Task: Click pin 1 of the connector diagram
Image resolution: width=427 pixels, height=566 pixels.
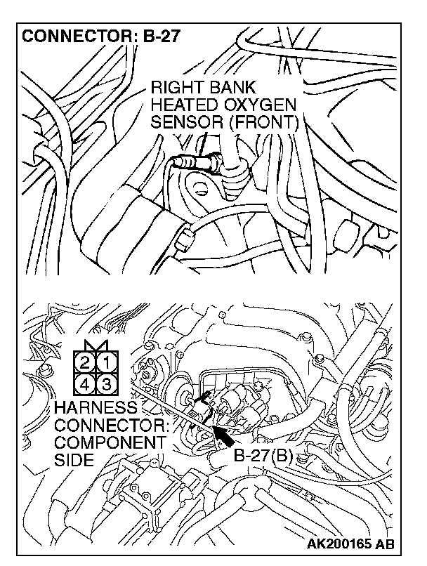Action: tap(103, 364)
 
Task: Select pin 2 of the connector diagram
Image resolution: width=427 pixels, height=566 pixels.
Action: tap(85, 364)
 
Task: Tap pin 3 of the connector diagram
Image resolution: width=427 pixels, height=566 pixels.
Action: tap(103, 384)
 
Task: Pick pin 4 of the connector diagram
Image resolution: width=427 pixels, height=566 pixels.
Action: tap(85, 384)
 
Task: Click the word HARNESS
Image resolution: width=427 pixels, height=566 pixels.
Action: tap(94, 409)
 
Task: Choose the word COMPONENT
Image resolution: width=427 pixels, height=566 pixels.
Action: tap(110, 443)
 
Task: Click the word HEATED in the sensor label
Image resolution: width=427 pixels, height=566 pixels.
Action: tap(185, 105)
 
